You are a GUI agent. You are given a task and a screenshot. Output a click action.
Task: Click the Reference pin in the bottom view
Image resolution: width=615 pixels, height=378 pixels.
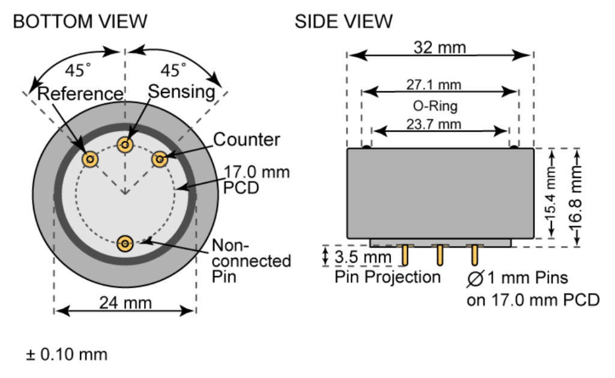tap(90, 159)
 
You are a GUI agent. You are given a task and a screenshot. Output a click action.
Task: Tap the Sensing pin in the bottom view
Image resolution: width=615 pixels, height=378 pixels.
tap(125, 144)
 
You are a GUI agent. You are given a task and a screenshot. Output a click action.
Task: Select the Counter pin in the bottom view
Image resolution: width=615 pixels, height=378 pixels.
tap(159, 159)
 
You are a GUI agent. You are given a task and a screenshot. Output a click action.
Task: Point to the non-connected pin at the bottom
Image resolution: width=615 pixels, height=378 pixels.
tap(125, 243)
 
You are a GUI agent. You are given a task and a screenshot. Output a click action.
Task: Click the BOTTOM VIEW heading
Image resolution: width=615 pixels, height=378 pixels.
tap(80, 22)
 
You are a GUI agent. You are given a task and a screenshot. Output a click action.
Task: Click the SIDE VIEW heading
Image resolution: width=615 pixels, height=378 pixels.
tap(344, 22)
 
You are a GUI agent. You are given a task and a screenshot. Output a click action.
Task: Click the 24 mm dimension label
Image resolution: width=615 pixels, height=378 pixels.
tap(124, 302)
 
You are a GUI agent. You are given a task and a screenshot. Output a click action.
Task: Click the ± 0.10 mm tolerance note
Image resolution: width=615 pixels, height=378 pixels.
tap(67, 354)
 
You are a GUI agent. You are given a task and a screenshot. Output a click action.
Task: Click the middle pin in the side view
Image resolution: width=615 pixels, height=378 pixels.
tap(440, 254)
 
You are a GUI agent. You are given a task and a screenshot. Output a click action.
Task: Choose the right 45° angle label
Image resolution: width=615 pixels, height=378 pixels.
tap(174, 70)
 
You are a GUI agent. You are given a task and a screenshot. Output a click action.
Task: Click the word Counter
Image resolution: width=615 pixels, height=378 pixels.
tap(246, 140)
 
